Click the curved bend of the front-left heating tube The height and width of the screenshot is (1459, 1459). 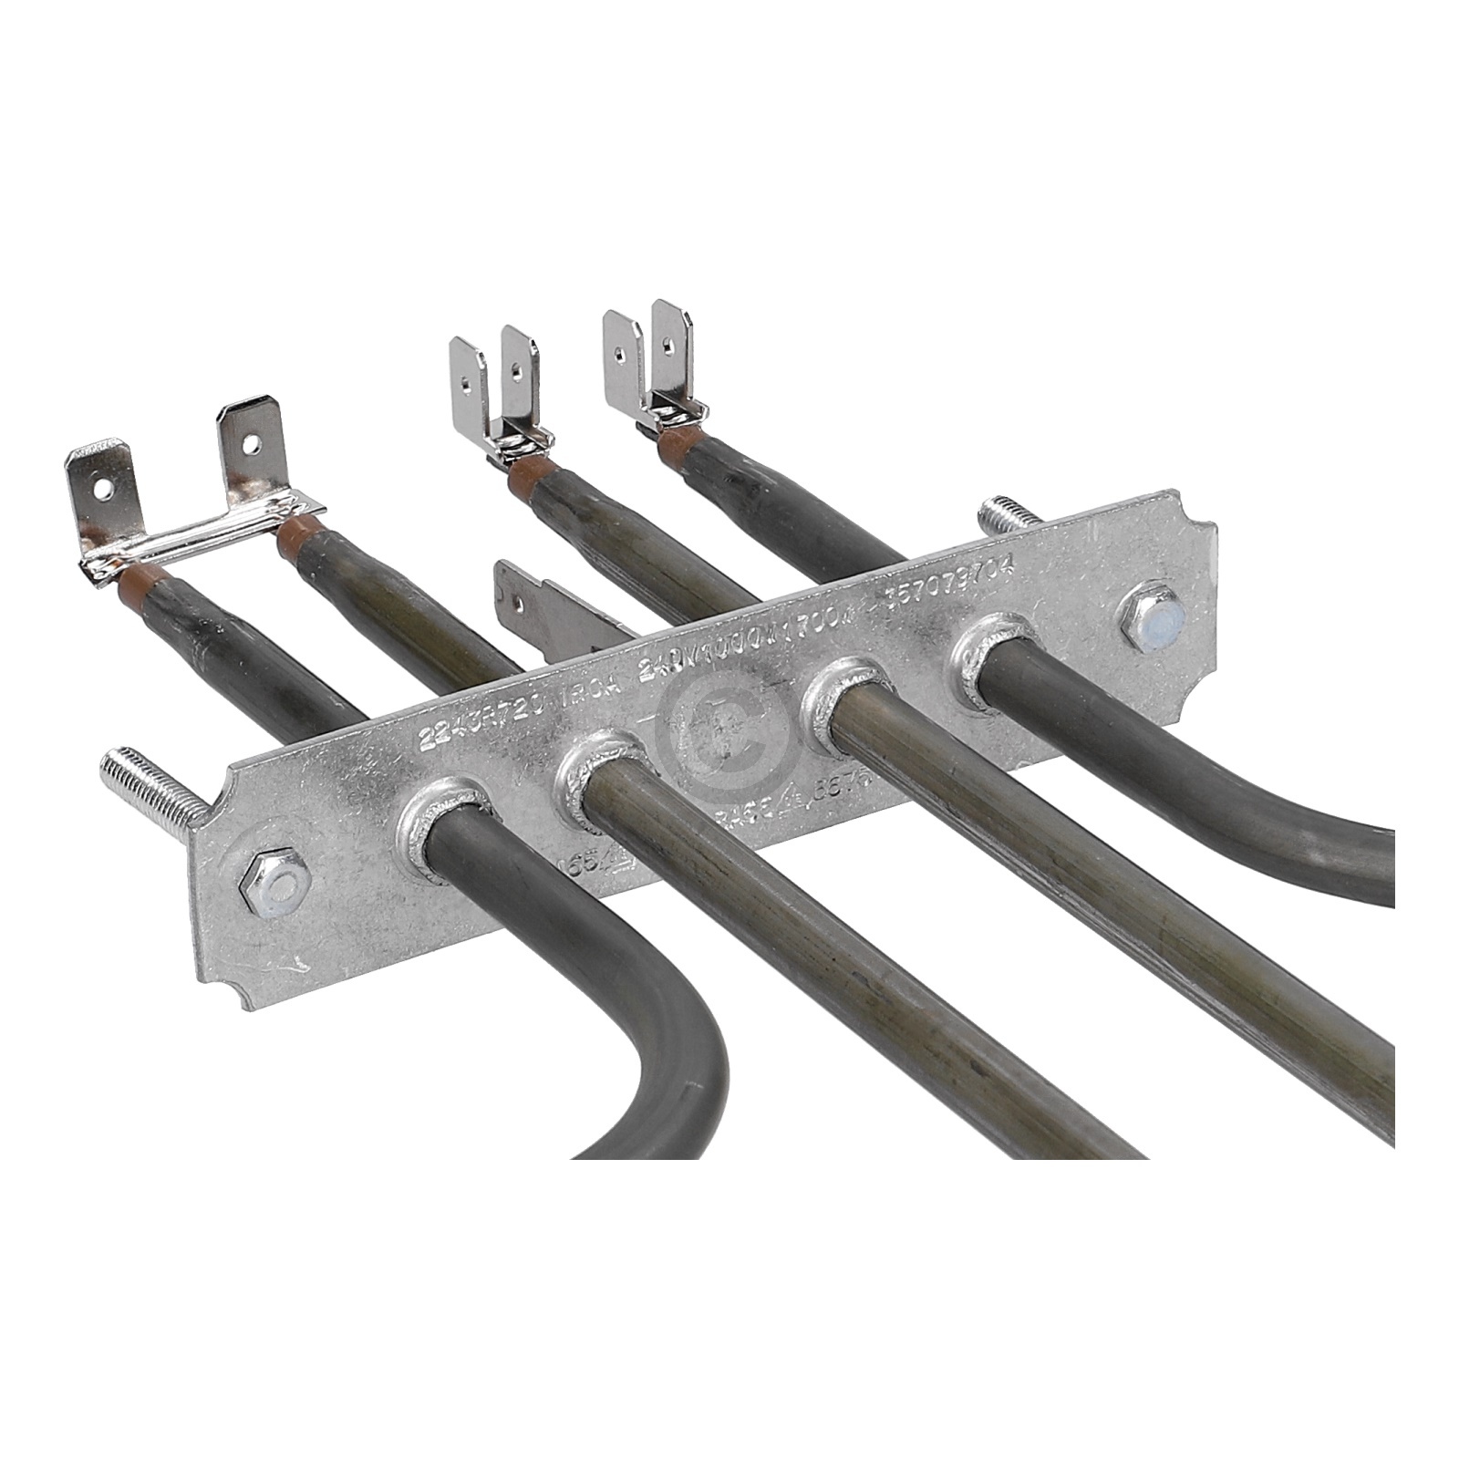pyautogui.click(x=693, y=1040)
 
